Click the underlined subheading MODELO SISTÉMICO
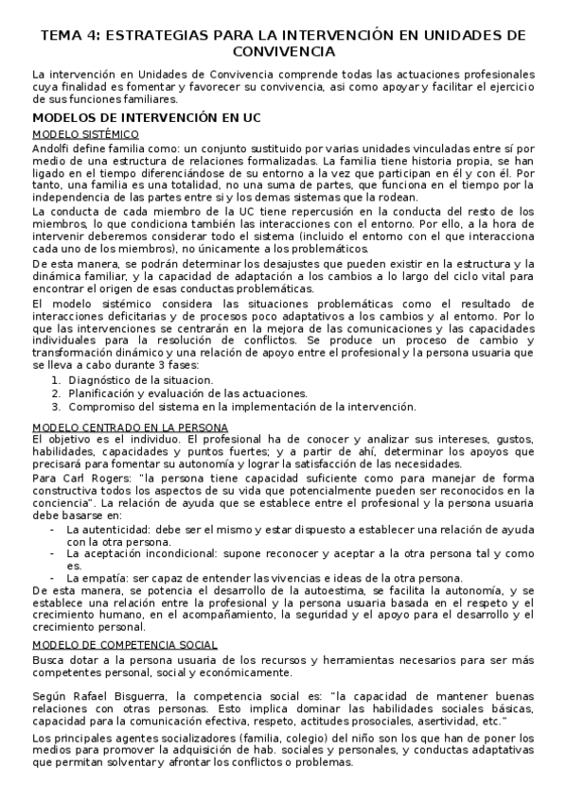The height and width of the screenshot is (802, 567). click(x=85, y=134)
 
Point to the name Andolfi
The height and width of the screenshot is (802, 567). click(x=52, y=148)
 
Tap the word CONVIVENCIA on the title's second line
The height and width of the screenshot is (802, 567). click(x=283, y=52)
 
